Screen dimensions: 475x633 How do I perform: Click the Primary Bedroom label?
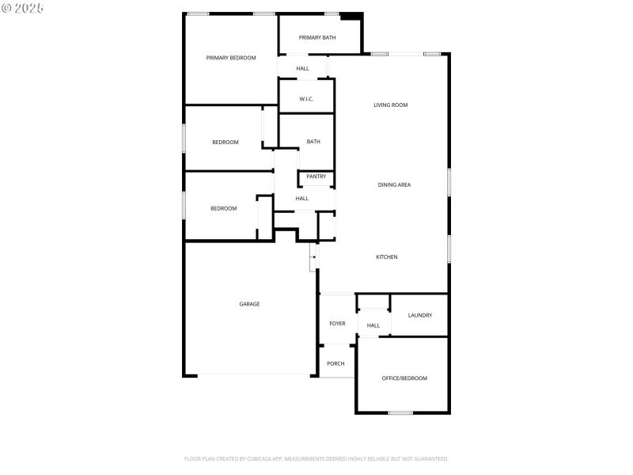(231, 58)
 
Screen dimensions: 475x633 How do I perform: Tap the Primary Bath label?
(317, 38)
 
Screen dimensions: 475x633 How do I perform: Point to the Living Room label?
(391, 104)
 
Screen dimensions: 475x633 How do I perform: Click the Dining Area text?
(394, 185)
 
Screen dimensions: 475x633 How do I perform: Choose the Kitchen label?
(386, 257)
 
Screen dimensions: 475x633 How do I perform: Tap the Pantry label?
(316, 177)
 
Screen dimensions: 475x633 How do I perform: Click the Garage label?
(250, 304)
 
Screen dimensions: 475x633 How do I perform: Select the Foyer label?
(338, 324)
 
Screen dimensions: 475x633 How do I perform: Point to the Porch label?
(335, 364)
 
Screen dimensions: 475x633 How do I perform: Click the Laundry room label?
(420, 316)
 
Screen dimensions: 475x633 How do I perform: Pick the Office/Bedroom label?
(404, 378)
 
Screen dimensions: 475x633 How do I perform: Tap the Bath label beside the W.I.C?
(313, 142)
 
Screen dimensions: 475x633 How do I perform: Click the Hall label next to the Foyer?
(373, 325)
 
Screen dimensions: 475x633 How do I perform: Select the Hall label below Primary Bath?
(302, 69)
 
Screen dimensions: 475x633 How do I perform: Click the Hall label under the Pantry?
(301, 199)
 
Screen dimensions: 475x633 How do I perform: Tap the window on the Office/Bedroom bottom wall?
(400, 412)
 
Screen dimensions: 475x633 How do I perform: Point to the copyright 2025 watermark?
(23, 8)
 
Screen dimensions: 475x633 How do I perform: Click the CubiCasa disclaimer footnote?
(316, 459)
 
